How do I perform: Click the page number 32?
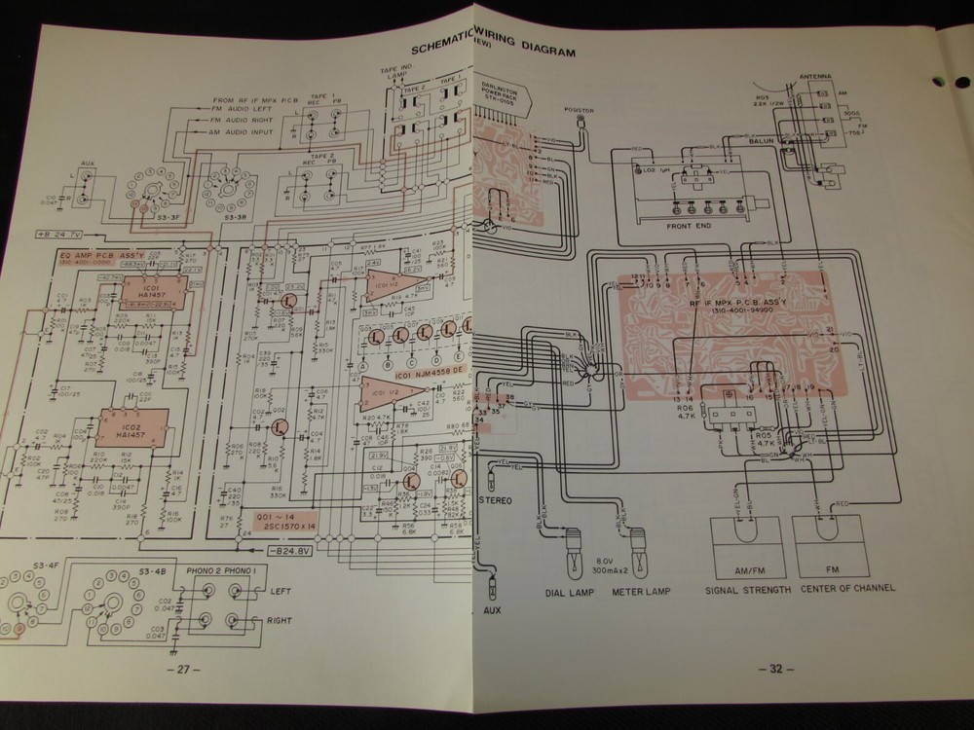(x=775, y=669)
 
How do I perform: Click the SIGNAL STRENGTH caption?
(x=747, y=590)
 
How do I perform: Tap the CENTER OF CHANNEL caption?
(x=847, y=590)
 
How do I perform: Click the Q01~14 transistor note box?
(x=282, y=522)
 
